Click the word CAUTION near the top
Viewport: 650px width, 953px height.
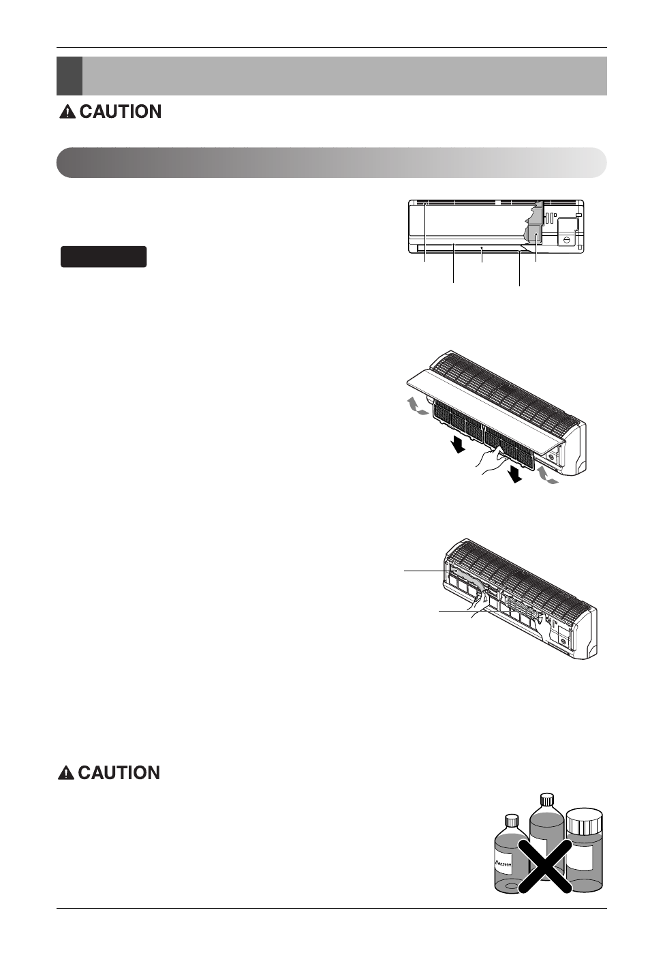[120, 112]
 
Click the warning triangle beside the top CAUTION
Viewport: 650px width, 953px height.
[67, 112]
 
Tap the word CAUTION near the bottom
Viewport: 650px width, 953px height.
[119, 772]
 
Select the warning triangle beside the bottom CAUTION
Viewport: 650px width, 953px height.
[65, 773]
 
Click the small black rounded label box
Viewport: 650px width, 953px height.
[104, 256]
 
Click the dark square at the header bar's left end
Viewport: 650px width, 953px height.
[69, 76]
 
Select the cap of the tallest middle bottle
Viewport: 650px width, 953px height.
[546, 799]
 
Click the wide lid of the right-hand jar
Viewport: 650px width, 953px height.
[585, 816]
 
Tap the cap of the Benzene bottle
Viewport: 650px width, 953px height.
[511, 820]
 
